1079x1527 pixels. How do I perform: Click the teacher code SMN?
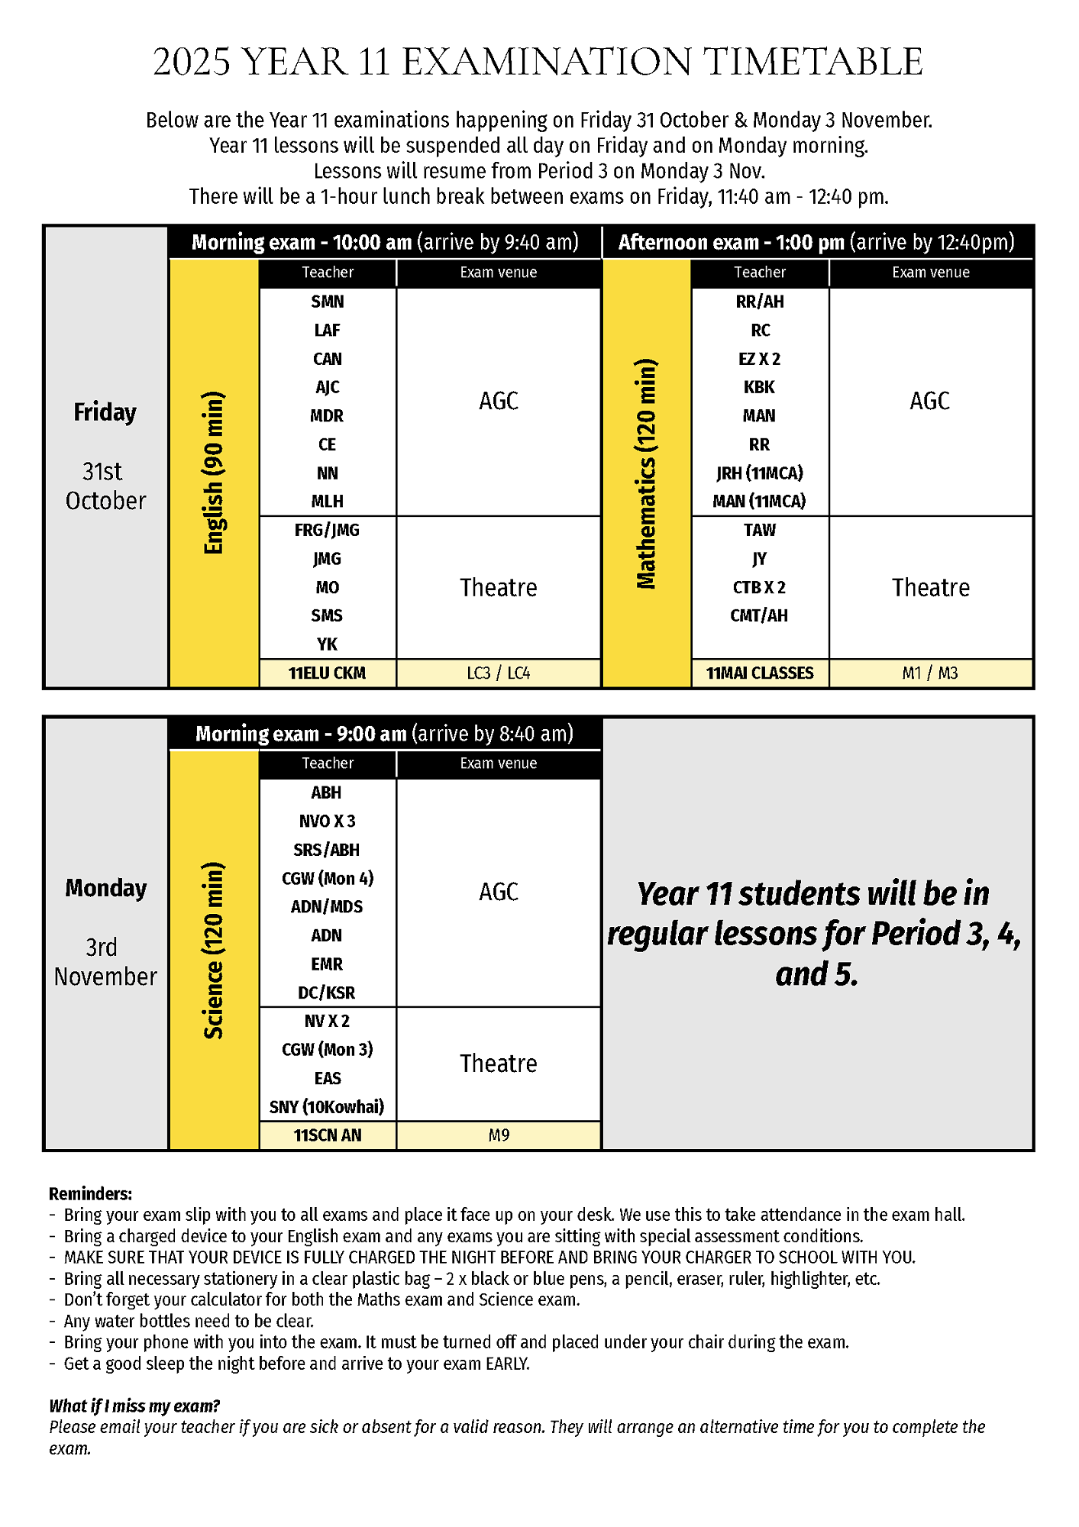coord(327,302)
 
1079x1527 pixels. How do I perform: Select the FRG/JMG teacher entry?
coord(327,530)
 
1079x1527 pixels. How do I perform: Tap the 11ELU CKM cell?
coord(327,673)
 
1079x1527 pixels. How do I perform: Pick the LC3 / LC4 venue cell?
coord(498,673)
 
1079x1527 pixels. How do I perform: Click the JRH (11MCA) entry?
coord(759,473)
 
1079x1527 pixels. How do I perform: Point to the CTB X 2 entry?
coord(759,587)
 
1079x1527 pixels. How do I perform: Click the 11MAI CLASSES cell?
coord(759,673)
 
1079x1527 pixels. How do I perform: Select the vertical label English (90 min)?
coord(214,473)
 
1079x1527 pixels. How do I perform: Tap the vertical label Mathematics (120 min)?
coord(646,473)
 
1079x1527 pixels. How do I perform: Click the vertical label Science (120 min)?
coord(214,950)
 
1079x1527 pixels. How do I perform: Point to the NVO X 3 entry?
coord(327,822)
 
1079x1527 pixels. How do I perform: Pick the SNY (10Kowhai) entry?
coord(327,1107)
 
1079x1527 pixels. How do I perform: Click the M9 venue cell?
coord(498,1135)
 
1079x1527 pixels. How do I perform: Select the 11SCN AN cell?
coord(327,1135)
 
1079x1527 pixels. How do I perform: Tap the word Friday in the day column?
coord(105,412)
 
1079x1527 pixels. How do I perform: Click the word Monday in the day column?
coord(105,888)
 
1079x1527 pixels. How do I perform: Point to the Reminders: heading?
coord(90,1193)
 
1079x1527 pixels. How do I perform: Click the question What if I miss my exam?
coord(134,1406)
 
